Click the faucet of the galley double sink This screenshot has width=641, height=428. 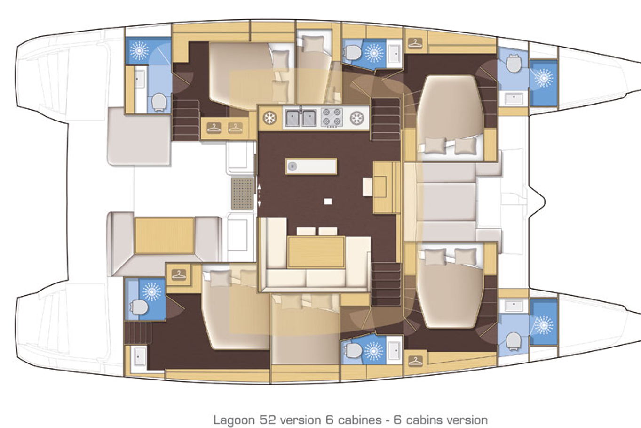(x=301, y=108)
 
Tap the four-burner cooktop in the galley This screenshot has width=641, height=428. (x=332, y=117)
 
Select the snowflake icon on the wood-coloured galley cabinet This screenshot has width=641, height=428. (x=270, y=118)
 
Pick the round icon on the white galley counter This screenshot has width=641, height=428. (x=357, y=118)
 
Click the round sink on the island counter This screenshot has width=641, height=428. (x=292, y=166)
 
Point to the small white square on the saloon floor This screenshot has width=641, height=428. (x=328, y=202)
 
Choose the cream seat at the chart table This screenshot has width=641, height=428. (x=368, y=187)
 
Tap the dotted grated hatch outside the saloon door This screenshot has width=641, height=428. (x=242, y=194)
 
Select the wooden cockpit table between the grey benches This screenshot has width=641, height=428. (x=164, y=235)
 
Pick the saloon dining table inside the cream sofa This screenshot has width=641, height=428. (x=317, y=252)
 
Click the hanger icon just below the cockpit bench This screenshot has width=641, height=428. (x=179, y=275)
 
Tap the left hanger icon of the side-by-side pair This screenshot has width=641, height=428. (x=214, y=128)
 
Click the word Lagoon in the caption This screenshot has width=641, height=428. (x=234, y=420)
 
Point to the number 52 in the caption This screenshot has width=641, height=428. (x=268, y=420)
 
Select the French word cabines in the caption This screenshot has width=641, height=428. (x=359, y=420)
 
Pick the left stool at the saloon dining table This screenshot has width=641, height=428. (x=306, y=231)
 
